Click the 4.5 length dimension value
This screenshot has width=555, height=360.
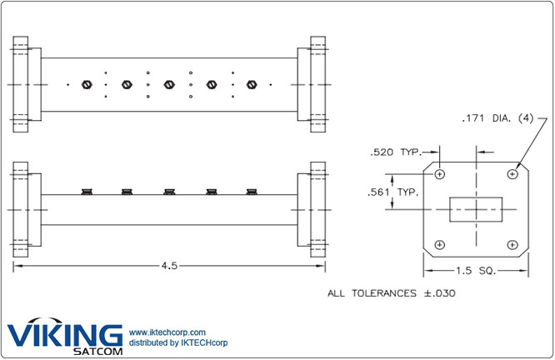pos(169,266)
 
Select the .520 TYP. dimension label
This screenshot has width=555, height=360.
pos(396,152)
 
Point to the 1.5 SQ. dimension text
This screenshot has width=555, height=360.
pos(476,271)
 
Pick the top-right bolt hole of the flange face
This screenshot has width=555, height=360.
pos(512,174)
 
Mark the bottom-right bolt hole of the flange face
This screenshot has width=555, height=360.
pos(512,245)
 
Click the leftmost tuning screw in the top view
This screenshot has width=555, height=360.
pos(87,84)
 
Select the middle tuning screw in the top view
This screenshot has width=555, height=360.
pos(169,84)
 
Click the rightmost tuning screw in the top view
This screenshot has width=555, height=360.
pos(252,84)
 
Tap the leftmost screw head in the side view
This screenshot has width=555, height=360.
pos(86,192)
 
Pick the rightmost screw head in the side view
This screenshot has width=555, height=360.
pos(252,192)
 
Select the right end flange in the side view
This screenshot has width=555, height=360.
pos(317,208)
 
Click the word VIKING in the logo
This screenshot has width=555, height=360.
pos(65,334)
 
